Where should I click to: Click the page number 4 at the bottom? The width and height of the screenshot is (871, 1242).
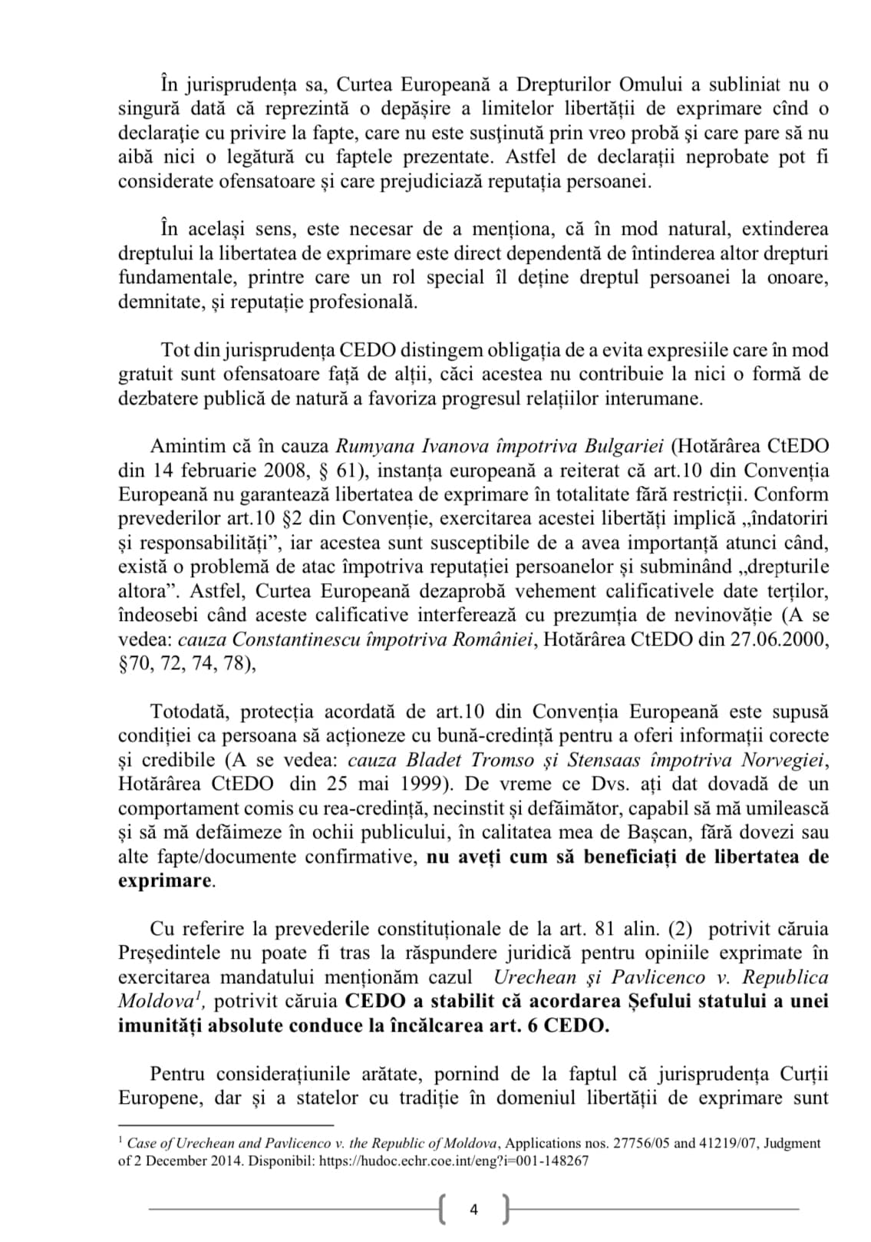pyautogui.click(x=473, y=1210)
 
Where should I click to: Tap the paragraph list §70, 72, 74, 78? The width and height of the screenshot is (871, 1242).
pyautogui.click(x=186, y=663)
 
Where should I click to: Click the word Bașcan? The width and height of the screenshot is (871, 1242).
pyautogui.click(x=690, y=832)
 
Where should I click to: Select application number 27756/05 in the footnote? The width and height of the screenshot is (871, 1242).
pyautogui.click(x=645, y=1143)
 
